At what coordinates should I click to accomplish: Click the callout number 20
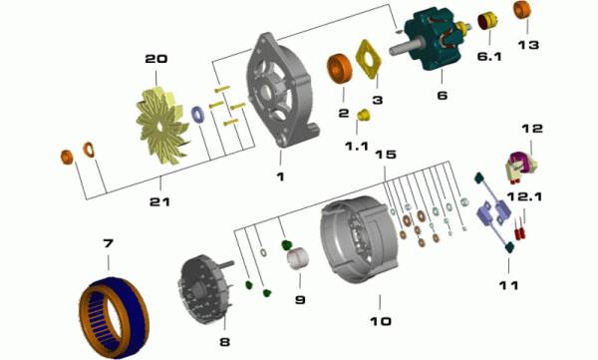pos(156,59)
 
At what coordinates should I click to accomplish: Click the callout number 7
pos(109,242)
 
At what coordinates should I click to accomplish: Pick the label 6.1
pos(489,57)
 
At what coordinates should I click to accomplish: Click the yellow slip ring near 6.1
pos(487,22)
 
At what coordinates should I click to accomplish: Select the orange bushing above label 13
pos(522,10)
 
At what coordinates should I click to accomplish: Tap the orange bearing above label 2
pos(340,69)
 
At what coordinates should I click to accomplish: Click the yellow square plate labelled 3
pos(369,59)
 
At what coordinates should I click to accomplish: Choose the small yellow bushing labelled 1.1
pos(364,115)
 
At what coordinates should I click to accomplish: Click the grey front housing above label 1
pos(282,90)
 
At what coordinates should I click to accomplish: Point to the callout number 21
pos(159,201)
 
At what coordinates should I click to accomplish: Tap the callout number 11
pos(508,285)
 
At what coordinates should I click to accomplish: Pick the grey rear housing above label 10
pos(359,239)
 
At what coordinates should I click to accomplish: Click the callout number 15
pos(386,155)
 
